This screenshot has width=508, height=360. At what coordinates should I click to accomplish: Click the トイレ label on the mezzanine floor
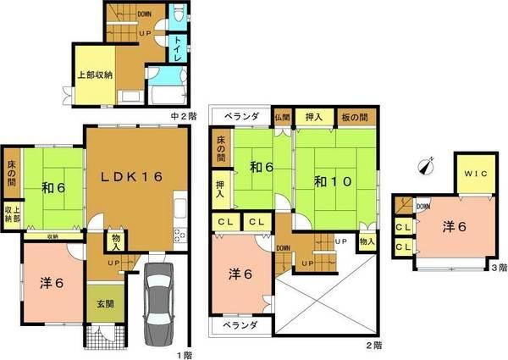(x=180, y=47)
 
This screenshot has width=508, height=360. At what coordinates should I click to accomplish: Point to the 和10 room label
(x=328, y=180)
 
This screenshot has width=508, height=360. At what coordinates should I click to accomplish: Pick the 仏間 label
(x=282, y=118)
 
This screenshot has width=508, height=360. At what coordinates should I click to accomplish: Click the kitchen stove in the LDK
(x=179, y=234)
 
